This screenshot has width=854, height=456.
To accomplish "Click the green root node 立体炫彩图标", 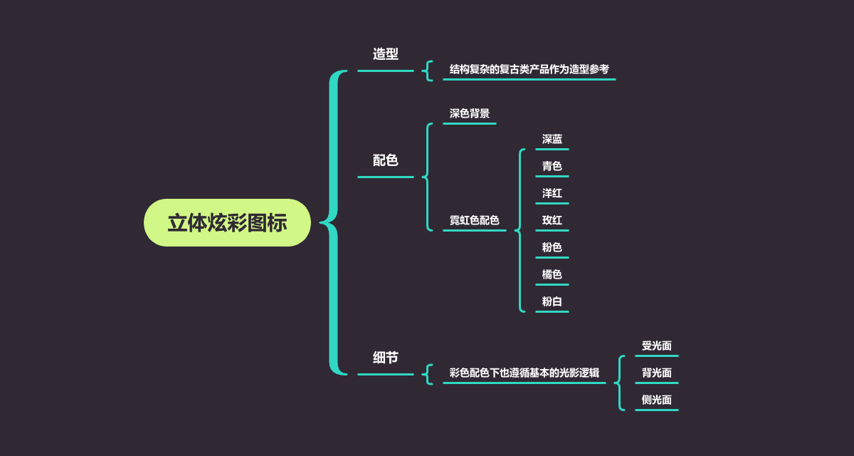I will [x=227, y=223].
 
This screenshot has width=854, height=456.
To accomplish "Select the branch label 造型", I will [x=386, y=54].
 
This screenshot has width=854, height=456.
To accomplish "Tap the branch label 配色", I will [x=386, y=160].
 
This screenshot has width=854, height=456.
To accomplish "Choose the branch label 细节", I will [x=386, y=358].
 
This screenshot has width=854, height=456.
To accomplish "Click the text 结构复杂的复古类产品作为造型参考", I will [x=529, y=70].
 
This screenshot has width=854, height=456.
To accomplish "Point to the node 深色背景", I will [x=470, y=114].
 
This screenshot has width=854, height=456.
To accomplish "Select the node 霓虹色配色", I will [x=474, y=221].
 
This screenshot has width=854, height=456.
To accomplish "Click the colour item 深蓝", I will [x=552, y=140].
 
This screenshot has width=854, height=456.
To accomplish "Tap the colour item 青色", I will [x=552, y=167].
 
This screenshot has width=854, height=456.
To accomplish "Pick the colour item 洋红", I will [x=552, y=194].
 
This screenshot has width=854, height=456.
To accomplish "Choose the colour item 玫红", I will [x=552, y=221].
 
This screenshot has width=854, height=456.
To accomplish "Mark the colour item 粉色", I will [x=552, y=248].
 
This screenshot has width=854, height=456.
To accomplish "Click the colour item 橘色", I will [x=552, y=275].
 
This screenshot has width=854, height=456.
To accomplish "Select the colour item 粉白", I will [x=552, y=302].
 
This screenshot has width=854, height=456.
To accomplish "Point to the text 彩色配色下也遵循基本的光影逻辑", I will [x=524, y=373].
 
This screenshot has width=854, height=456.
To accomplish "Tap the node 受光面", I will [x=657, y=346].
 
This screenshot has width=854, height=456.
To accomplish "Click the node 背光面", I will [x=657, y=373].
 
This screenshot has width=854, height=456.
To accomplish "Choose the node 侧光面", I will [x=657, y=400].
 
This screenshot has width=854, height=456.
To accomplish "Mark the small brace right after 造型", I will [x=428, y=71].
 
